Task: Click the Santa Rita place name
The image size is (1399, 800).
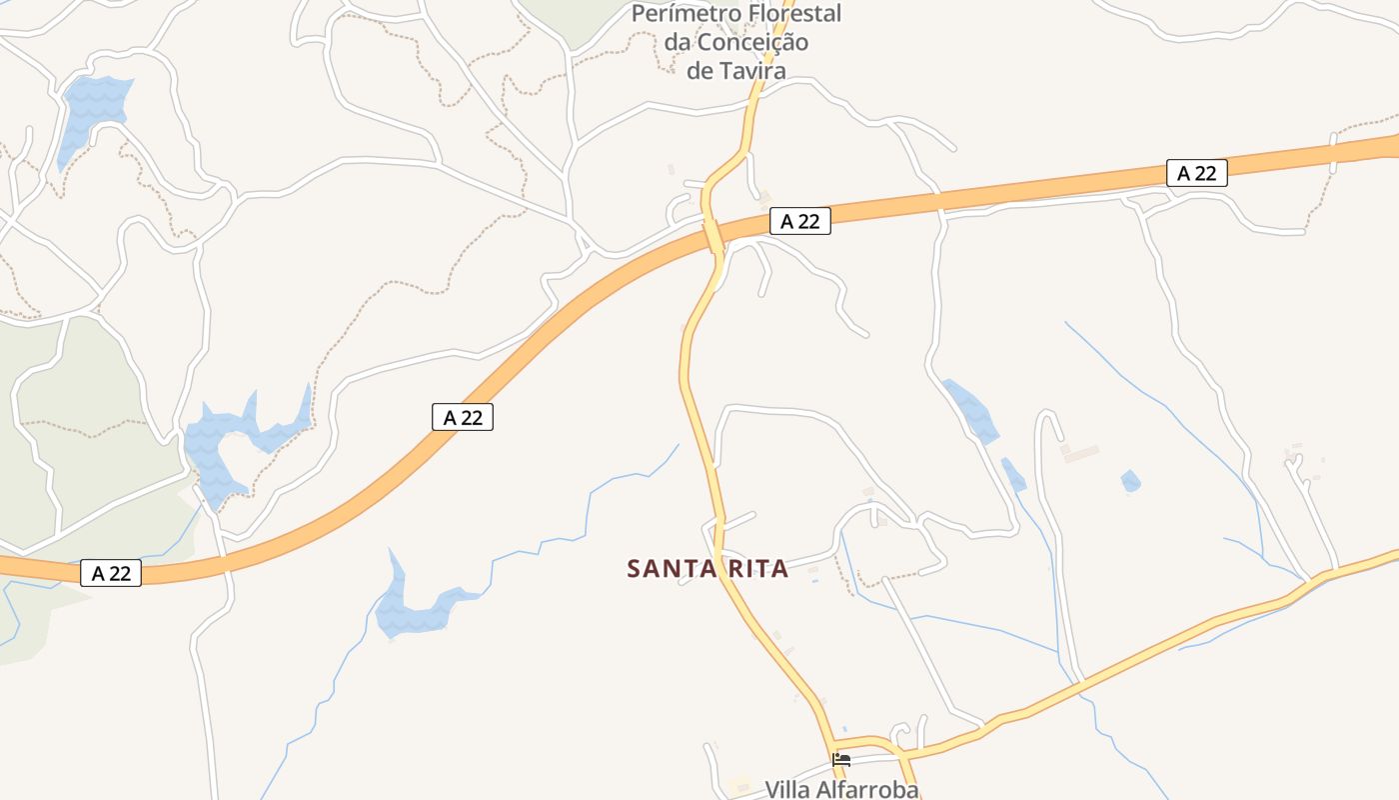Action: [x=707, y=569]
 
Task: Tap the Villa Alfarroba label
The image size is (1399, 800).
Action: [x=841, y=789]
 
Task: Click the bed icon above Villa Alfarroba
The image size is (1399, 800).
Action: [x=841, y=760]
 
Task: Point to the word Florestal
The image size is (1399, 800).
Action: [x=795, y=14]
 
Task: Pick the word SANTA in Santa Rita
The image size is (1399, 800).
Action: [x=664, y=569]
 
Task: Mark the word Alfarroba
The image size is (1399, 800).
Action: [x=867, y=789]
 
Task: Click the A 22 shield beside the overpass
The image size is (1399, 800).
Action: [x=800, y=221]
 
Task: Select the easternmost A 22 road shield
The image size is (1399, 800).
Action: [x=1196, y=173]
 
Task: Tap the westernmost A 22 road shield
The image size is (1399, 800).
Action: [x=111, y=573]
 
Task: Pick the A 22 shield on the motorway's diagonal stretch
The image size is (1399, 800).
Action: [x=463, y=417]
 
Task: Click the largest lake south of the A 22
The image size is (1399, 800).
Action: [x=412, y=605]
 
